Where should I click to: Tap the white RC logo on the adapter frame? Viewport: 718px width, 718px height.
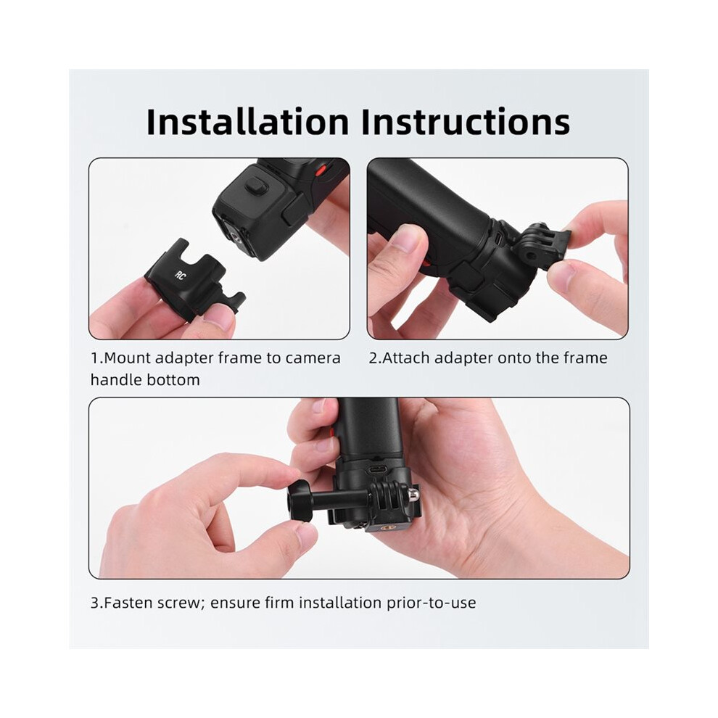click(x=181, y=276)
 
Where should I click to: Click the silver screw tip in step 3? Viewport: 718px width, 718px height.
click(x=413, y=494)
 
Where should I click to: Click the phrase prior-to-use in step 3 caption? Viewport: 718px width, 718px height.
click(x=431, y=603)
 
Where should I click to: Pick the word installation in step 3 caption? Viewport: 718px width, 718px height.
click(x=339, y=603)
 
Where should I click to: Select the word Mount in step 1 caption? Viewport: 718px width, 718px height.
click(x=128, y=358)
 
